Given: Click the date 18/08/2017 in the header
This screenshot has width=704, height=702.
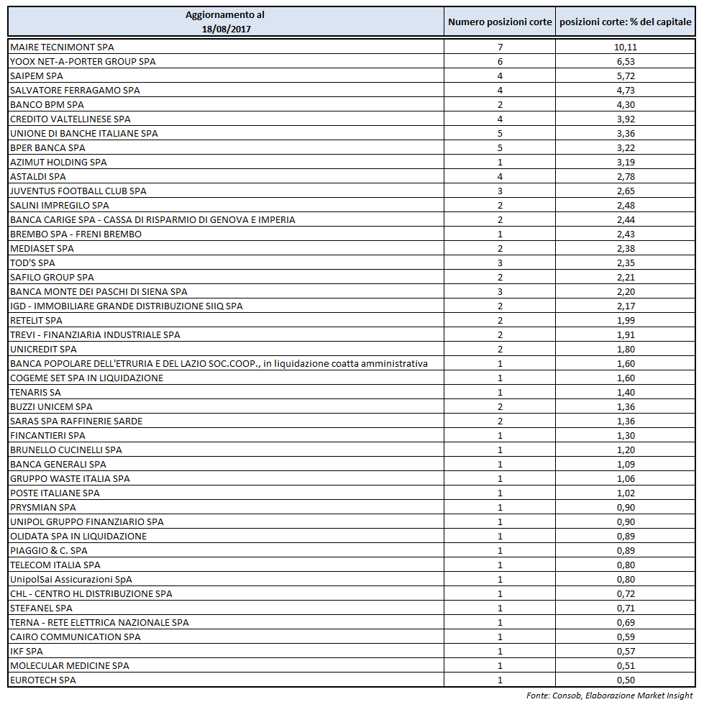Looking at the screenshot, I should point(225,29).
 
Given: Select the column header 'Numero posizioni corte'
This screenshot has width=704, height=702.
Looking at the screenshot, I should point(500,22).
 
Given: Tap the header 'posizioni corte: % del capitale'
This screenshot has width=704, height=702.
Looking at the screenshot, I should point(626,22).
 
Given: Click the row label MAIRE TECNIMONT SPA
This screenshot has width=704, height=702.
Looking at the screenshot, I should point(62,47).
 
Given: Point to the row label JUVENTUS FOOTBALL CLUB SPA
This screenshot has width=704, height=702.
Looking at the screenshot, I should point(78,191).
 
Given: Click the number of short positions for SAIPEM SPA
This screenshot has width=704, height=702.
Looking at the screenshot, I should point(500,76).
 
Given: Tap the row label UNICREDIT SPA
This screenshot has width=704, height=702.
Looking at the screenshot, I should point(43,349).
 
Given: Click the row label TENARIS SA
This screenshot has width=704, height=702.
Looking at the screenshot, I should point(36,392).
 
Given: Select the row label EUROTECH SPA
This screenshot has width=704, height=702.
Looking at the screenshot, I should point(43,680).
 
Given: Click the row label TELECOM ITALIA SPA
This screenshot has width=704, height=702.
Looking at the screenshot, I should point(55,565).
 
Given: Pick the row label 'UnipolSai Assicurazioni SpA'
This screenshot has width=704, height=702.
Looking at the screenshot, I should point(71,579).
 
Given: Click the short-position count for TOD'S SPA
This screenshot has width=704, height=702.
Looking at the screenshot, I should point(500,263).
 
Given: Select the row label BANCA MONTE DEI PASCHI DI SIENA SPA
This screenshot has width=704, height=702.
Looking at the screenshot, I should point(99,291).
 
